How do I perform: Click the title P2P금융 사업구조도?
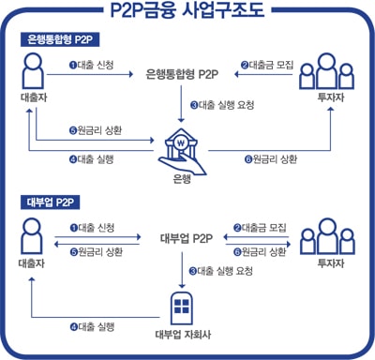click(x=187, y=10)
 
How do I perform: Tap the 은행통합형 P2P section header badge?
click(x=60, y=39)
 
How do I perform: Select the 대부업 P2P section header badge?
click(x=51, y=202)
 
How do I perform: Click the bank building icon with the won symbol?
click(x=182, y=151)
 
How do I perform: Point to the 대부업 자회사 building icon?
click(x=182, y=308)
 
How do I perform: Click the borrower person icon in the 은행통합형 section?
click(x=33, y=70)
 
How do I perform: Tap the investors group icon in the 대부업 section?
click(x=327, y=236)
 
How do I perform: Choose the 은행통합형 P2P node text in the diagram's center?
click(x=182, y=75)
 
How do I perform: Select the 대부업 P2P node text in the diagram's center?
click(x=187, y=238)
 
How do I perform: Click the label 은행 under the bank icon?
click(x=182, y=179)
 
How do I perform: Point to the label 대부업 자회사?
click(x=183, y=335)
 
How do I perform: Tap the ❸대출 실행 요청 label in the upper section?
click(x=222, y=105)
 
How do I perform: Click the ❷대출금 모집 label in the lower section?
click(x=260, y=228)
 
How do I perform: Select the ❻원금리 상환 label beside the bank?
click(x=271, y=159)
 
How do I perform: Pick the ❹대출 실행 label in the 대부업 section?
click(x=92, y=327)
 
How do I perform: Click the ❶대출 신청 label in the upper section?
click(x=91, y=65)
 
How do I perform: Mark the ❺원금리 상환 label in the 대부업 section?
click(x=97, y=251)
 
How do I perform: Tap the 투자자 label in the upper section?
click(x=331, y=97)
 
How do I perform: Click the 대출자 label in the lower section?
click(x=32, y=263)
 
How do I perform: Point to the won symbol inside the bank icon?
click(x=181, y=143)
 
